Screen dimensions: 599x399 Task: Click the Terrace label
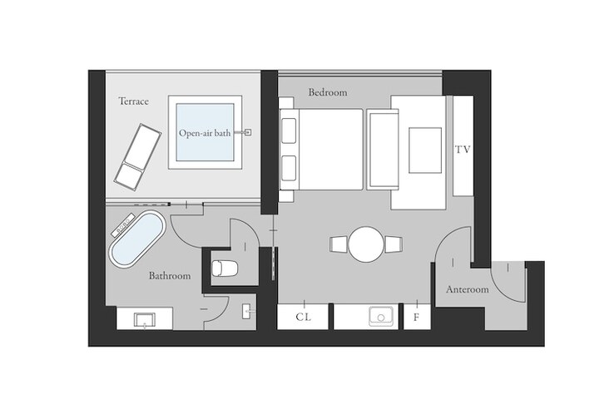pyautogui.click(x=133, y=101)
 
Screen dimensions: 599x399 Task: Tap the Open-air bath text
pyautogui.click(x=205, y=133)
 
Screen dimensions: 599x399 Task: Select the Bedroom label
pyautogui.click(x=328, y=92)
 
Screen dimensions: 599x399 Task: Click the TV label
pyautogui.click(x=463, y=150)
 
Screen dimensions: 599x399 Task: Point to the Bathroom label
pyautogui.click(x=170, y=275)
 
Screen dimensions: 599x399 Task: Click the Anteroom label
pyautogui.click(x=468, y=289)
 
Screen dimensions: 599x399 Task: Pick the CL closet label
pyautogui.click(x=304, y=317)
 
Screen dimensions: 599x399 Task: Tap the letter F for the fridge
pyautogui.click(x=417, y=318)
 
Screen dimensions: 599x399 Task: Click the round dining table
pyautogui.click(x=366, y=244)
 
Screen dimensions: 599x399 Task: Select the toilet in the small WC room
pyautogui.click(x=225, y=268)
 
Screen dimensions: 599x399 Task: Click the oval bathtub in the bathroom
pyautogui.click(x=137, y=239)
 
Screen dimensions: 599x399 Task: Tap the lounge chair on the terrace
pyautogui.click(x=137, y=156)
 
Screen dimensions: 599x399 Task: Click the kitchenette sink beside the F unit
pyautogui.click(x=381, y=317)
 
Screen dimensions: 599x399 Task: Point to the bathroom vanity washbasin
pyautogui.click(x=145, y=320)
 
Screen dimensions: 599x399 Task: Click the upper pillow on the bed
pyautogui.click(x=289, y=131)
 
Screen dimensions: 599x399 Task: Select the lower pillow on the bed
pyautogui.click(x=289, y=169)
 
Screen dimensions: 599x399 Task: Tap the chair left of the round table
pyautogui.click(x=339, y=244)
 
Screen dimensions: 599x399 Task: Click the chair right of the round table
pyautogui.click(x=394, y=244)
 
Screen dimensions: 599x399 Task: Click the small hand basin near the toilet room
pyautogui.click(x=246, y=311)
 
